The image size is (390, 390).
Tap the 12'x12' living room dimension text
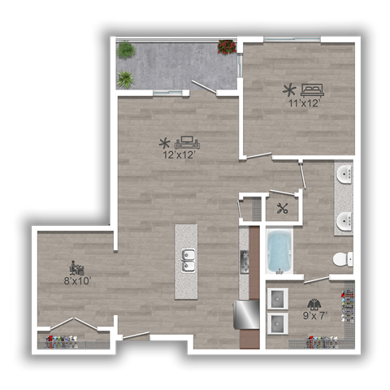coord(178,154)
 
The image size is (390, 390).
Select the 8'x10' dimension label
coord(78,281)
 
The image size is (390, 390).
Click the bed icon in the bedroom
coord(312,89)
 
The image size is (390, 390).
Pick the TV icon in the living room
coord(185,141)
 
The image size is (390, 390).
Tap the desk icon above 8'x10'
coord(77,268)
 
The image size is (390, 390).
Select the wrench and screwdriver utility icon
coord(283,208)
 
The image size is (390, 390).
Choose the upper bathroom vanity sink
coord(344,175)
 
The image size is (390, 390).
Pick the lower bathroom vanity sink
coord(344,220)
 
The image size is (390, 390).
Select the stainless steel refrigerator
coord(247,314)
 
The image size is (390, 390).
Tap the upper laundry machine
coord(279,296)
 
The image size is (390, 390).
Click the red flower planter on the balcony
coord(227,47)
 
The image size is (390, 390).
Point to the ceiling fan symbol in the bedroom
coord(288,89)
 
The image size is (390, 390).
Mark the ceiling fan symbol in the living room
coord(164,142)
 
